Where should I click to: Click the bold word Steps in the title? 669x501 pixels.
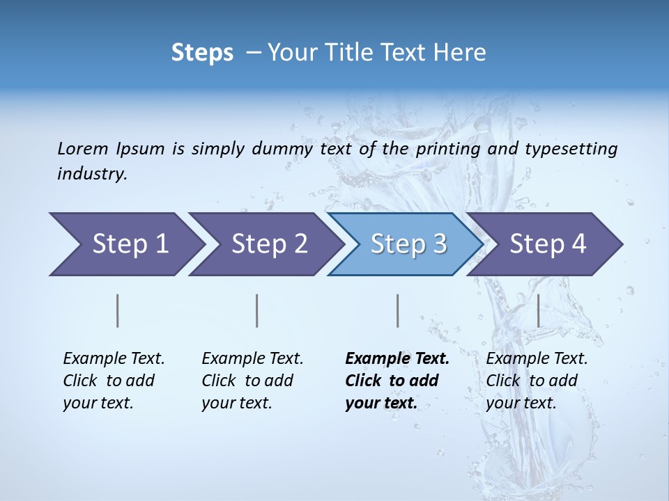click(202, 53)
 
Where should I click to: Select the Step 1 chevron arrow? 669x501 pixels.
click(125, 244)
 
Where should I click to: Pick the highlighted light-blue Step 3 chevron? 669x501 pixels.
click(407, 244)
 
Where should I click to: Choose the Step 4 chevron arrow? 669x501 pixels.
click(547, 244)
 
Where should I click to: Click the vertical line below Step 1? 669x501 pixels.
click(118, 310)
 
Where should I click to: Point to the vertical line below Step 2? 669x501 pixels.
click(257, 310)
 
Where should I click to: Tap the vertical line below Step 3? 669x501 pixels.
click(397, 310)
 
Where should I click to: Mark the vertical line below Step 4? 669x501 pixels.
click(538, 310)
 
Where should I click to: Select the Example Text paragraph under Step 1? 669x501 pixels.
click(114, 381)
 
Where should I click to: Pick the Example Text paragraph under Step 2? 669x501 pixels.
click(252, 381)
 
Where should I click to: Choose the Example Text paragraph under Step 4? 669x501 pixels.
click(537, 381)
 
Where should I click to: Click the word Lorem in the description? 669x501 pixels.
click(83, 149)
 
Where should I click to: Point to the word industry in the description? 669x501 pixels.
click(91, 174)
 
